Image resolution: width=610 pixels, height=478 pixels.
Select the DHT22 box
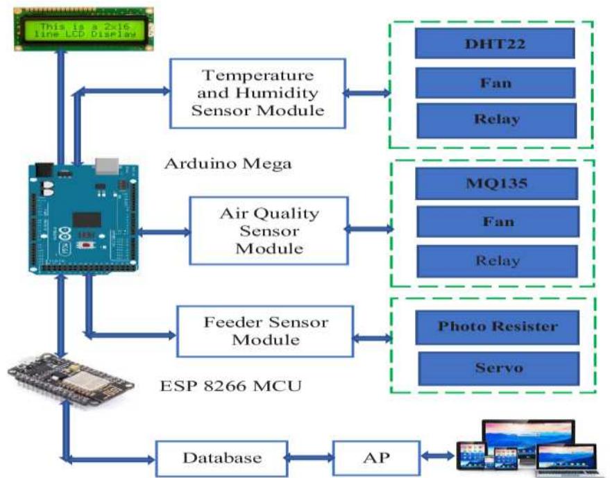pyautogui.click(x=495, y=43)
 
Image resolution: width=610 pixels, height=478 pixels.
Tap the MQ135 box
pyautogui.click(x=496, y=184)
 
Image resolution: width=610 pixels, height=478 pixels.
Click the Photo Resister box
pyautogui.click(x=497, y=327)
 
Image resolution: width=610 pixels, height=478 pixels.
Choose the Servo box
pyautogui.click(x=497, y=368)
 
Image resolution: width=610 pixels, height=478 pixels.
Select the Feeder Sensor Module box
pyautogui.click(x=265, y=331)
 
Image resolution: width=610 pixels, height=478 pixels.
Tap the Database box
pyautogui.click(x=221, y=458)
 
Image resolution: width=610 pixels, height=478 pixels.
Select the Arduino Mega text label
pyautogui.click(x=228, y=164)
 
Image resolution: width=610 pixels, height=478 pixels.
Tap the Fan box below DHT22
pyautogui.click(x=495, y=83)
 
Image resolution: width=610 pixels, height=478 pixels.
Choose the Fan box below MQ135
pyautogui.click(x=496, y=222)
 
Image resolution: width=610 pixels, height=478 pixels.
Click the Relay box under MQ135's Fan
pyautogui.click(x=496, y=261)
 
